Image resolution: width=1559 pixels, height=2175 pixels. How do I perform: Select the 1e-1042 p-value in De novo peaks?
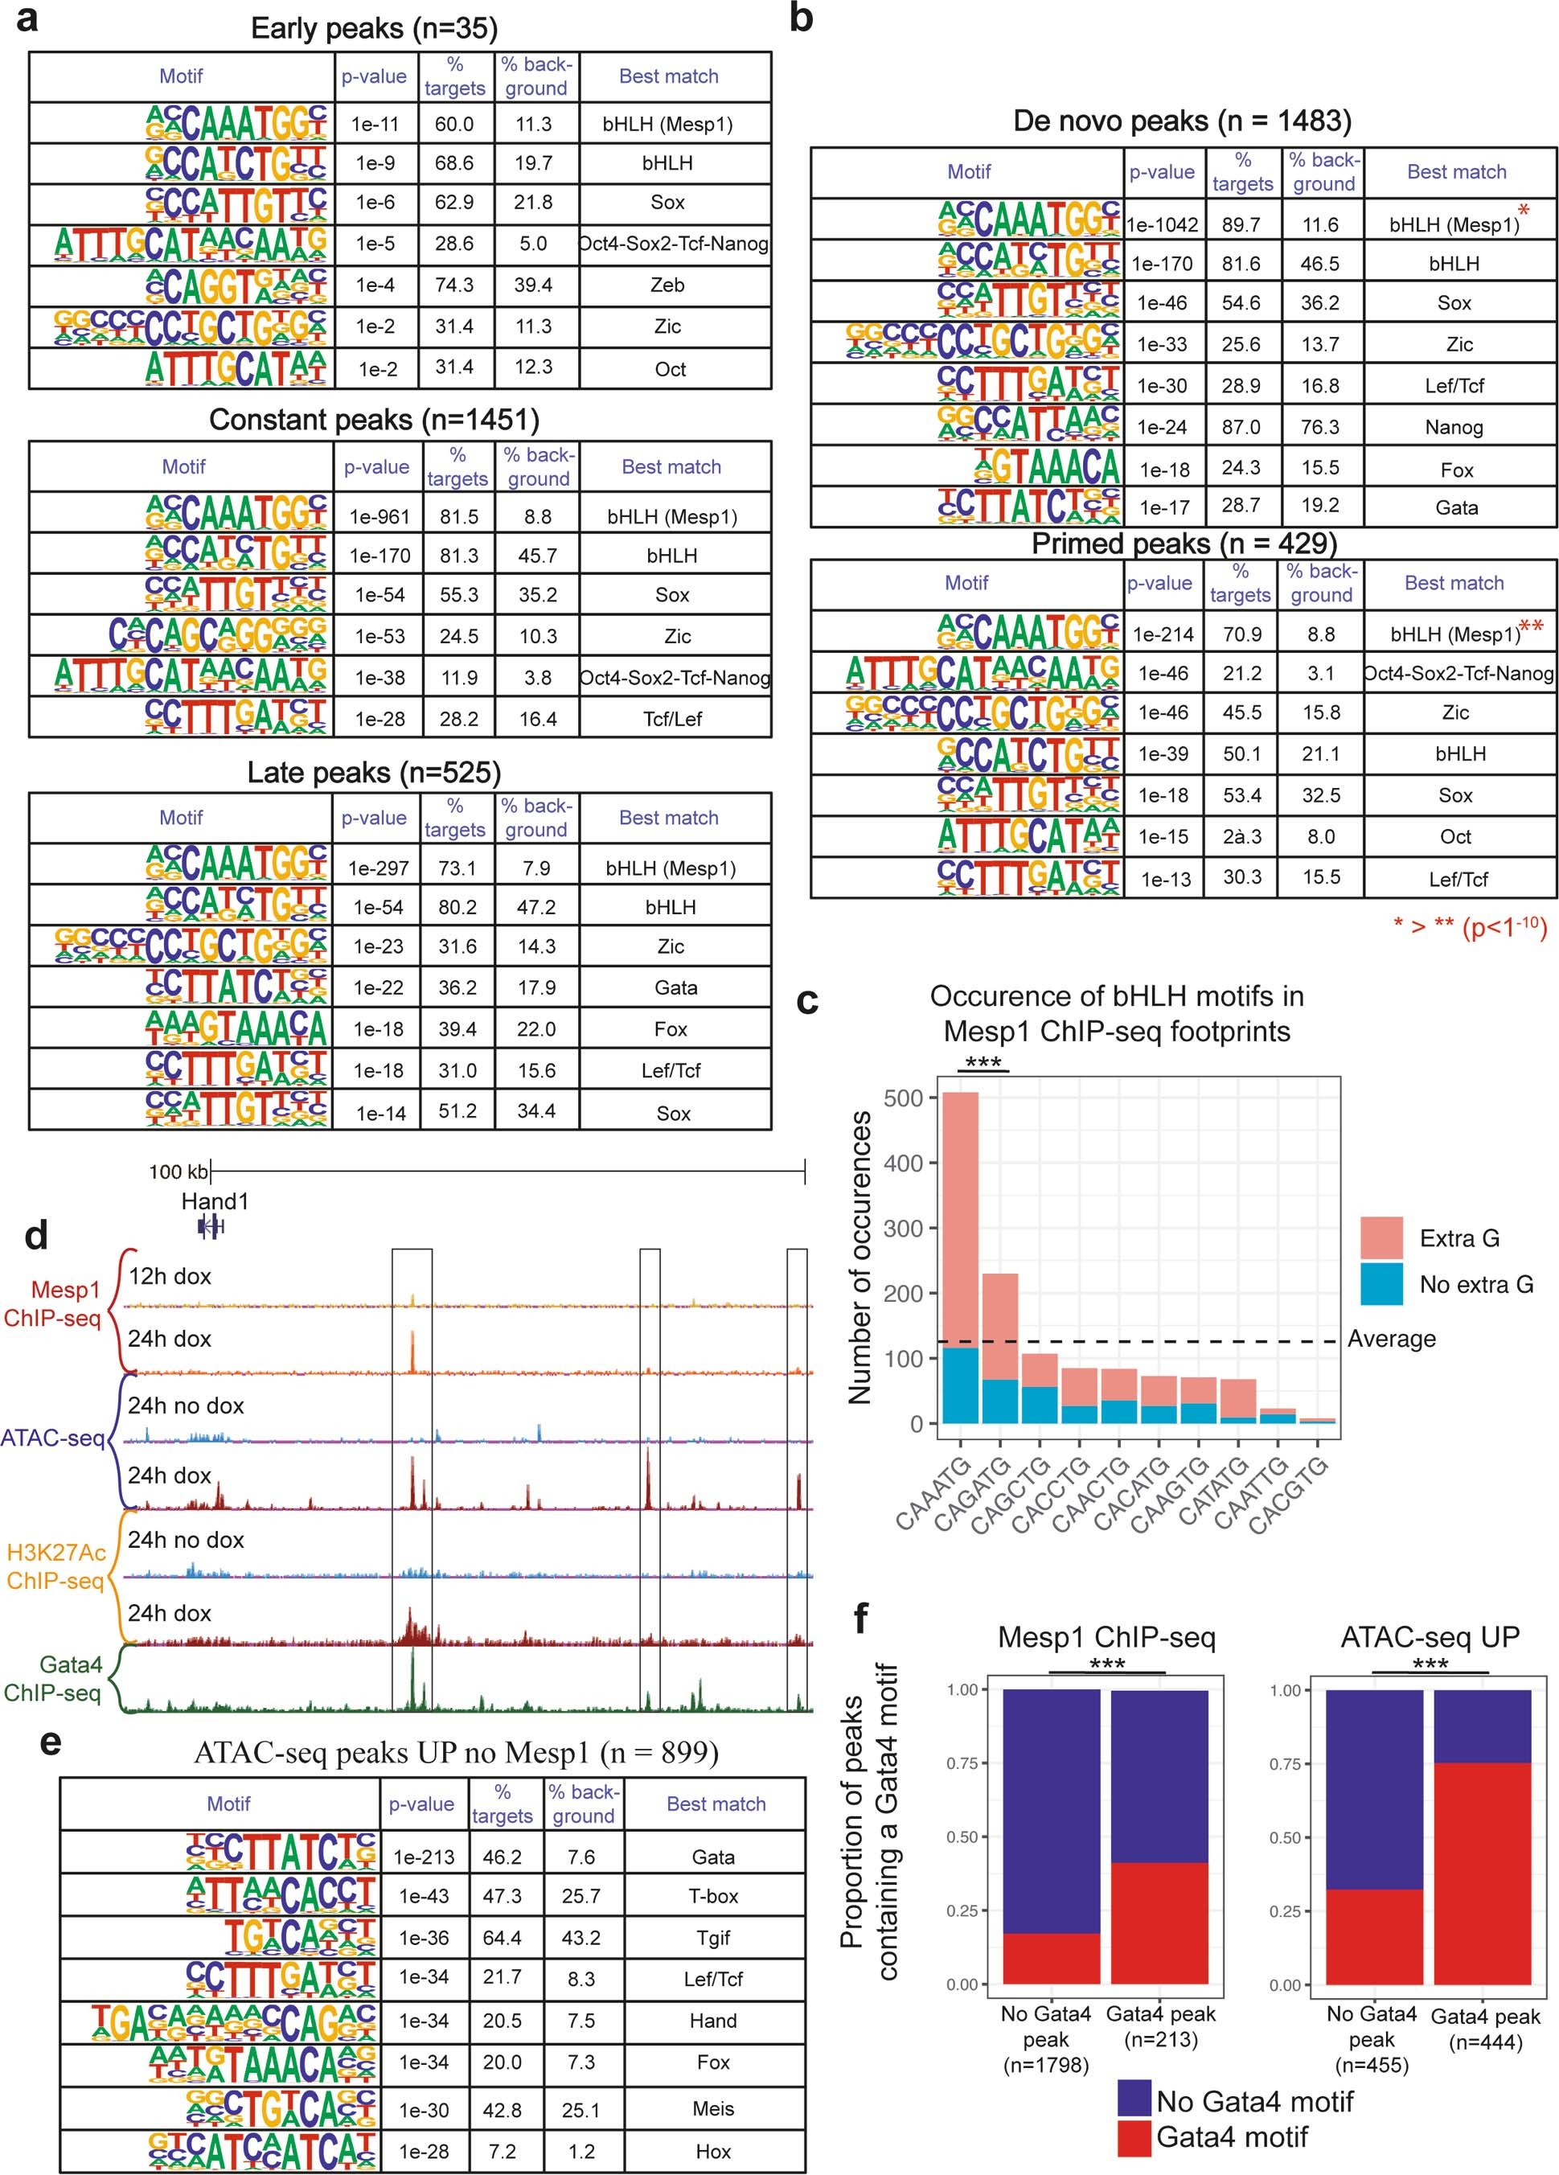1161,224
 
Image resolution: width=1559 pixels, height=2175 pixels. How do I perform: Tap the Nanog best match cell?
1454,428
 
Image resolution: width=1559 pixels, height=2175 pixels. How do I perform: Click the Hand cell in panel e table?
712,2021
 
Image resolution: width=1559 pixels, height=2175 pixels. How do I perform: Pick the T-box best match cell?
712,1896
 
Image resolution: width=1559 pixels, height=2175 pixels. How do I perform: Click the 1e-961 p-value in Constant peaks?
379,517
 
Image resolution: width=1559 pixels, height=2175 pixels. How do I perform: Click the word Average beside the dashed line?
1390,1339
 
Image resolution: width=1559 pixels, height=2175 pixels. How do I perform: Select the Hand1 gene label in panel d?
215,1200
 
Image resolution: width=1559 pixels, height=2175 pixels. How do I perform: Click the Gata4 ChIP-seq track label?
54,1678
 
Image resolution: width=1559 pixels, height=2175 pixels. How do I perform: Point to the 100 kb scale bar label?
178,1172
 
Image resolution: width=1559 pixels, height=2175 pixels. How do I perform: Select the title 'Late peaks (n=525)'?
374,772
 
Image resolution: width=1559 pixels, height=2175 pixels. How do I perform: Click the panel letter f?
860,1619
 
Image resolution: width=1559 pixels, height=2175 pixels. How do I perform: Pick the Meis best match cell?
712,2109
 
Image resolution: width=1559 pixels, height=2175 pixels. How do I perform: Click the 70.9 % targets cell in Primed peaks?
1241,634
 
